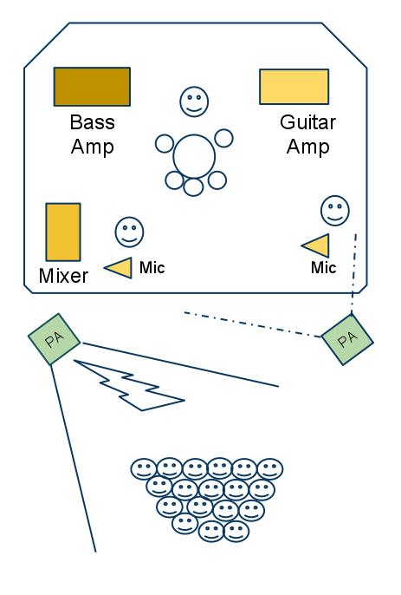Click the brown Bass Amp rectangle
[92, 87]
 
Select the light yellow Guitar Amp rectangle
[294, 87]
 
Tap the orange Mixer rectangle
[62, 232]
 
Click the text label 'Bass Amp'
[93, 134]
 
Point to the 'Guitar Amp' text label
[307, 134]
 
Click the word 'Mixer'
[63, 277]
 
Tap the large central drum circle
[194, 156]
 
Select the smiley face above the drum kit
[194, 101]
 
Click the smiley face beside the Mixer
[129, 232]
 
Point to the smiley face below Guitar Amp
[335, 209]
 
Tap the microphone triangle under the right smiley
[316, 245]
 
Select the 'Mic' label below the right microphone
[323, 268]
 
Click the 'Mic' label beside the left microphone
[152, 267]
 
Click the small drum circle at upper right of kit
[224, 137]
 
